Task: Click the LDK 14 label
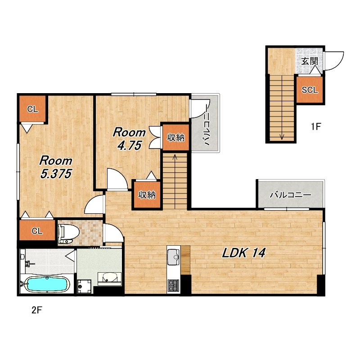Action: click(x=244, y=253)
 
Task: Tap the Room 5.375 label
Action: click(x=56, y=167)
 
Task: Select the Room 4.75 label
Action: click(x=129, y=139)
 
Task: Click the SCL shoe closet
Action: click(x=310, y=90)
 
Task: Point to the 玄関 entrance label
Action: click(x=310, y=61)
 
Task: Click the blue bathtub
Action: click(x=47, y=284)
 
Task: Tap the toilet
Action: click(x=68, y=234)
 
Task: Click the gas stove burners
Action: click(x=173, y=285)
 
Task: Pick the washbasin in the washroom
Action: click(x=109, y=279)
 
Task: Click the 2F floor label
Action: click(x=37, y=310)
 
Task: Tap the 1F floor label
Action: click(x=316, y=126)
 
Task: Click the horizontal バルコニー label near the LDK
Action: click(x=290, y=195)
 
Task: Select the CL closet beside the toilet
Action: click(x=37, y=230)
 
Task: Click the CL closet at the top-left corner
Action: click(x=32, y=108)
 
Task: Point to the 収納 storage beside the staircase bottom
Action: click(x=147, y=195)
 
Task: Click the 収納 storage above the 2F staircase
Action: click(x=175, y=137)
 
